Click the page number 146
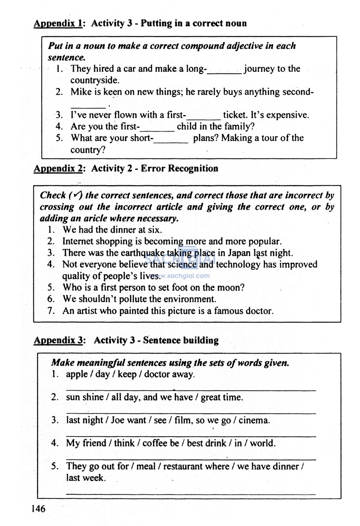(x=38, y=508)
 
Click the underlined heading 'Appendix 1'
(x=58, y=24)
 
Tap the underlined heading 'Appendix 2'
(x=58, y=169)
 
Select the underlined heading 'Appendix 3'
(x=58, y=340)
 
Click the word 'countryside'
(x=94, y=80)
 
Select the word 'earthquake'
(x=142, y=253)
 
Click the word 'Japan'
(x=239, y=253)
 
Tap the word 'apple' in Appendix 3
(x=77, y=374)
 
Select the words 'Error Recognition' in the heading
(x=179, y=169)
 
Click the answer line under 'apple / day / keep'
(x=191, y=389)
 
